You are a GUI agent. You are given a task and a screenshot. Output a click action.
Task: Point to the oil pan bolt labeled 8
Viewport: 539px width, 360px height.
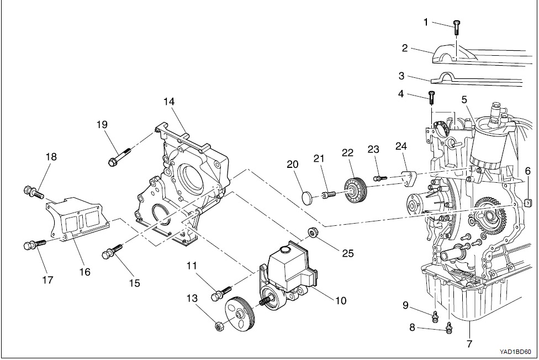(448, 329)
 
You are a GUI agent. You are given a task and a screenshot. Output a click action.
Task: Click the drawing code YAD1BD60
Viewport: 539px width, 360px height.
(515, 351)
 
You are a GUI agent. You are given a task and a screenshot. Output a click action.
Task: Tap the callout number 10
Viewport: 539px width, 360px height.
(341, 301)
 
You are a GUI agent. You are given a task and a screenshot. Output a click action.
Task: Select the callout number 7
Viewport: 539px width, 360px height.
(469, 343)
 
